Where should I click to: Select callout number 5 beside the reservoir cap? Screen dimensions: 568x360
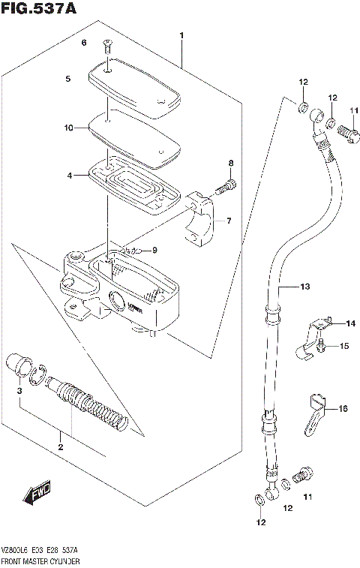[x=67, y=78]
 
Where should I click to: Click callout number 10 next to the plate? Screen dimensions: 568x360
[x=68, y=128]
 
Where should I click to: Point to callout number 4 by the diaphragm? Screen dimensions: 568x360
[x=68, y=176]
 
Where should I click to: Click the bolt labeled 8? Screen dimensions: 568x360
[x=228, y=185]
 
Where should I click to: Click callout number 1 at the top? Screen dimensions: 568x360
[x=181, y=35]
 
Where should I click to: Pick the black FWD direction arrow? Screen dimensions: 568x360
[x=36, y=493]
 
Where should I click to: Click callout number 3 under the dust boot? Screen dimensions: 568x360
[x=20, y=392]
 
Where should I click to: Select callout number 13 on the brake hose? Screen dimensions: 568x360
[x=304, y=287]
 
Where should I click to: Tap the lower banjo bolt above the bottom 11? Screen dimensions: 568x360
[x=304, y=475]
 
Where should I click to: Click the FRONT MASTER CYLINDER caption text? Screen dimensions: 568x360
[x=42, y=560]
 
